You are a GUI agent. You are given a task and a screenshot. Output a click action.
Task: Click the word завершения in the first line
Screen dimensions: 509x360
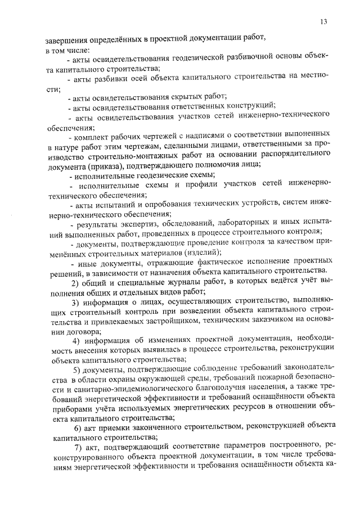point(64,39)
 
